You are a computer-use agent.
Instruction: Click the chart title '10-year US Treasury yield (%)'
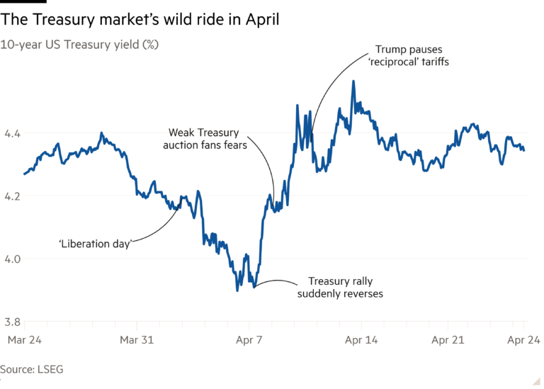tap(79, 44)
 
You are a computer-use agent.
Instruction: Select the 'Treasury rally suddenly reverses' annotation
tap(345, 287)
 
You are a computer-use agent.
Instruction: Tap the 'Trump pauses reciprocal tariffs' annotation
tap(409, 56)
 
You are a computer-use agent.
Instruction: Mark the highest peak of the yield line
tap(353, 81)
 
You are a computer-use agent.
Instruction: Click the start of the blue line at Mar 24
tap(24, 174)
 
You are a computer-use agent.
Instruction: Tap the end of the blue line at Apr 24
tap(523, 150)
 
